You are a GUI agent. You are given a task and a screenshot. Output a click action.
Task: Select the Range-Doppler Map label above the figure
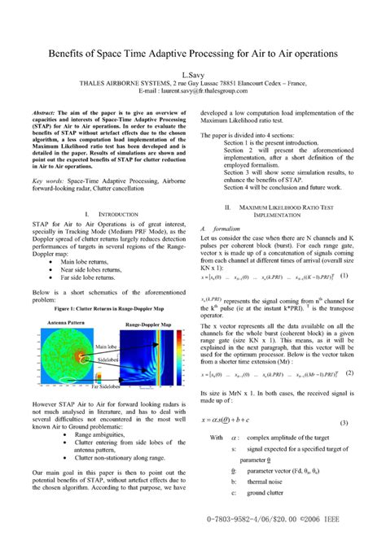tap(147, 324)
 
